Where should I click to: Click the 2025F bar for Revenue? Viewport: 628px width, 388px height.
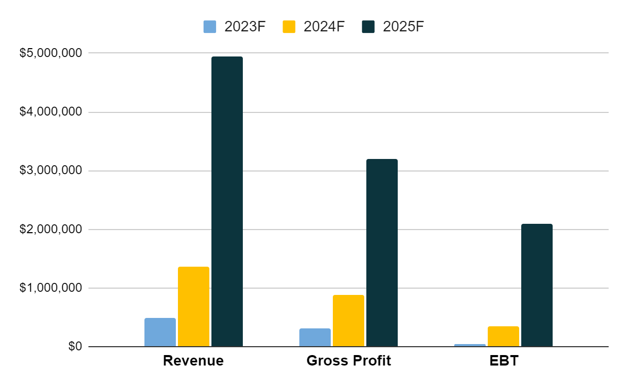coord(227,201)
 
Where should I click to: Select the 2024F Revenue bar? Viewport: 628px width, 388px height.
coord(194,306)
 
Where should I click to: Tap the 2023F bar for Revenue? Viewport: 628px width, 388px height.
coord(160,332)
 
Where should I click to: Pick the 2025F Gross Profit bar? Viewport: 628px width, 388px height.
coord(382,253)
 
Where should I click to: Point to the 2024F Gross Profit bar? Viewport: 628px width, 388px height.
coord(349,321)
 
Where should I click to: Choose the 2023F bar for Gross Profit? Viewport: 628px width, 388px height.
coord(315,337)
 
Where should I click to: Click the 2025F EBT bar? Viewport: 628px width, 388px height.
coord(537,285)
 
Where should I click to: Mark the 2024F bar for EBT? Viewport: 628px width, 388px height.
coord(503,336)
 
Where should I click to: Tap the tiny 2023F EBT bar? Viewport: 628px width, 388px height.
coord(470,345)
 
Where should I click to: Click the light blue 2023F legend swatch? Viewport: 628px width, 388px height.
coord(210,27)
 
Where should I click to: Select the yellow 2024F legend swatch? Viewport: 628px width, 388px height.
coord(289,27)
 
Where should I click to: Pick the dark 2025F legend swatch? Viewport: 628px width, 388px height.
coord(368,27)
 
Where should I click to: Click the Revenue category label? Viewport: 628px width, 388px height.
coord(193,361)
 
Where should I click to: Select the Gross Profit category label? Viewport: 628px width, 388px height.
coord(349,361)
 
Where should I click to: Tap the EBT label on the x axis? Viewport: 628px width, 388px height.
coord(503,361)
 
